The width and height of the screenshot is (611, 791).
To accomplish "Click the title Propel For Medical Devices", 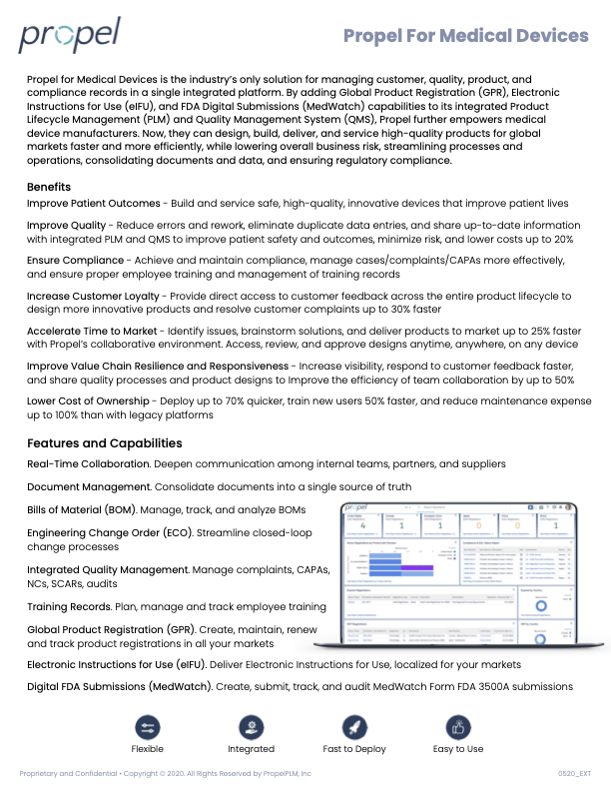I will pos(465,37).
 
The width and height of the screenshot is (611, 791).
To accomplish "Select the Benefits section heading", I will pos(49,187).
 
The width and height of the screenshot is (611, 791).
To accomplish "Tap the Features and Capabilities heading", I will pos(105,442).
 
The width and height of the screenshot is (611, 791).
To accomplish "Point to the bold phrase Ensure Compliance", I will pos(76,261).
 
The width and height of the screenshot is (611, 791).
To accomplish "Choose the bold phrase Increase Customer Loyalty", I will pos(93,297).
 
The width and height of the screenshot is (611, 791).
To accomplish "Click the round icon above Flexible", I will pos(148,727).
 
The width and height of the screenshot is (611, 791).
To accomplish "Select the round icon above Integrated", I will pos(252,727).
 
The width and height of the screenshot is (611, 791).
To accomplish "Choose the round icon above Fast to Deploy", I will pos(355,727).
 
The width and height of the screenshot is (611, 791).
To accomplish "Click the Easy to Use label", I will pos(458,749).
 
